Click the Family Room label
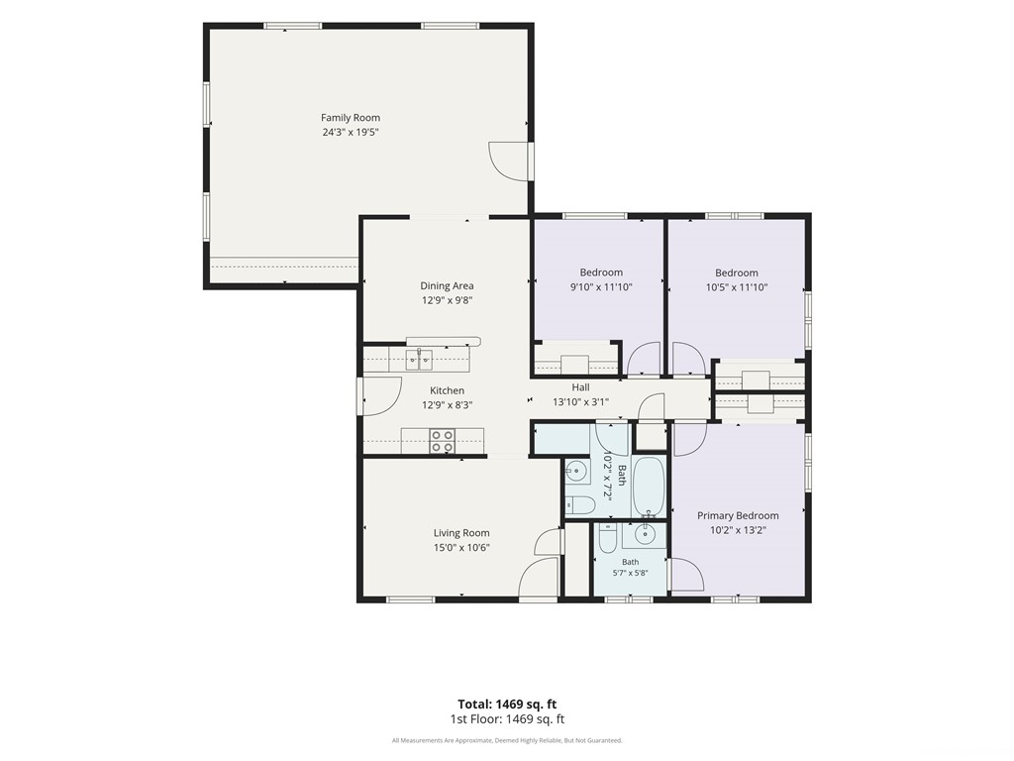pyautogui.click(x=351, y=118)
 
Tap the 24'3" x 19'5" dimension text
pyautogui.click(x=351, y=133)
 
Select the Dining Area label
pyautogui.click(x=447, y=286)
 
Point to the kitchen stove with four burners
pyautogui.click(x=443, y=441)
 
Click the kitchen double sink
pyautogui.click(x=419, y=359)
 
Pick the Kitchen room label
pyautogui.click(x=447, y=390)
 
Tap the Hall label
pyautogui.click(x=580, y=387)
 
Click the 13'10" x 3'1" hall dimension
pyautogui.click(x=580, y=402)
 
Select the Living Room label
pyautogui.click(x=461, y=533)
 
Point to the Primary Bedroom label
pyautogui.click(x=738, y=515)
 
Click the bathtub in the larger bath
pyautogui.click(x=648, y=488)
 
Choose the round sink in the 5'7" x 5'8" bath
pyautogui.click(x=644, y=534)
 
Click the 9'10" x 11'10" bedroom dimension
pyautogui.click(x=601, y=287)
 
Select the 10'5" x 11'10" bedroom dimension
pyautogui.click(x=737, y=287)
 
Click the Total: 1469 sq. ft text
pyautogui.click(x=507, y=705)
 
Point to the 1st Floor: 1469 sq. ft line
pyautogui.click(x=507, y=719)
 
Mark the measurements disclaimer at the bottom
pyautogui.click(x=507, y=740)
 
